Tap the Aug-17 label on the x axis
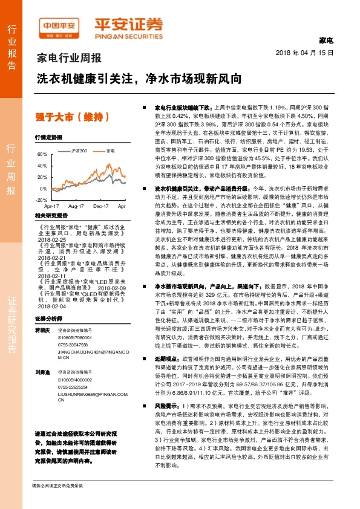click(76, 206)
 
